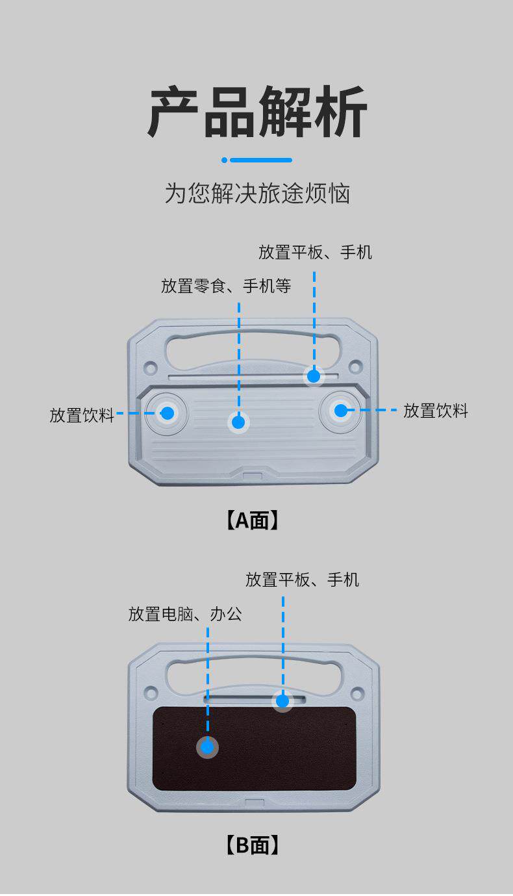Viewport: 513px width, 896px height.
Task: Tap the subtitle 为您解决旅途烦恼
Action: pyautogui.click(x=257, y=194)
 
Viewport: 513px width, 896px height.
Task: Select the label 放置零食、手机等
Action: pyautogui.click(x=226, y=286)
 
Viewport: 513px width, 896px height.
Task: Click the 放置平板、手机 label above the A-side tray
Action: pyautogui.click(x=315, y=252)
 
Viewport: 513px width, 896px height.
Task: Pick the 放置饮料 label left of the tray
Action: pyautogui.click(x=82, y=415)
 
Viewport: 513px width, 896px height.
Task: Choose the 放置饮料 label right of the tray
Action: pyautogui.click(x=436, y=411)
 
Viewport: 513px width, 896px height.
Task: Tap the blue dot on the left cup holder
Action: pyautogui.click(x=167, y=413)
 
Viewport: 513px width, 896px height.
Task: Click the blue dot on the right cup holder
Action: pyautogui.click(x=340, y=410)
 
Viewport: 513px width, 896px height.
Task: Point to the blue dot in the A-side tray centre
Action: pyautogui.click(x=238, y=422)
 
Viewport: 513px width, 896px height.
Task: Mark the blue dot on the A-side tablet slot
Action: pyautogui.click(x=314, y=376)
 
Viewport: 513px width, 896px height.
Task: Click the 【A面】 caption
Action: pyautogui.click(x=253, y=520)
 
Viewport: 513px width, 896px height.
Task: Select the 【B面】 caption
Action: pyautogui.click(x=253, y=845)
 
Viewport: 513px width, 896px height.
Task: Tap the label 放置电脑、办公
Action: pyautogui.click(x=185, y=614)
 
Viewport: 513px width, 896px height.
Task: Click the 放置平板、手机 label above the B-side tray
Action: pyautogui.click(x=302, y=580)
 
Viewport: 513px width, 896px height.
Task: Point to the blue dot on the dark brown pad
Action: pyautogui.click(x=207, y=748)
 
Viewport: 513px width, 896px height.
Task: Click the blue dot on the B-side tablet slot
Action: pyautogui.click(x=282, y=701)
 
